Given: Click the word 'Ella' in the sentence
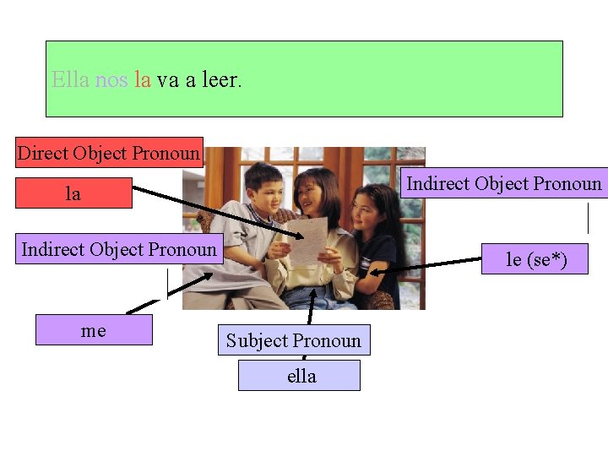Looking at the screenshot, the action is point(70,80).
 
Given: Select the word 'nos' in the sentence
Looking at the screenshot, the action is point(111,80).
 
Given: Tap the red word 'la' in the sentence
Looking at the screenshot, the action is point(142,80).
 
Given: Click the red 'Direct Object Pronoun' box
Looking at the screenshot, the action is point(109,153).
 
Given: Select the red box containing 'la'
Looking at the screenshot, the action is point(73,193).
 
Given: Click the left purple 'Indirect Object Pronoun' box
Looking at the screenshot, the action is point(119,249).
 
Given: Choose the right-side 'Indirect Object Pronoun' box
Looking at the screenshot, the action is point(504,183).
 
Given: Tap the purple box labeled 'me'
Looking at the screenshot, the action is point(94,330).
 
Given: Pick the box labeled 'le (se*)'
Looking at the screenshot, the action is point(535,259).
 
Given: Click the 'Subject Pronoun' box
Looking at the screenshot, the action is point(293,340).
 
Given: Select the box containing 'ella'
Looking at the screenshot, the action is point(300,376).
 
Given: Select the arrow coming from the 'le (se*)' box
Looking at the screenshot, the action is point(426,265).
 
